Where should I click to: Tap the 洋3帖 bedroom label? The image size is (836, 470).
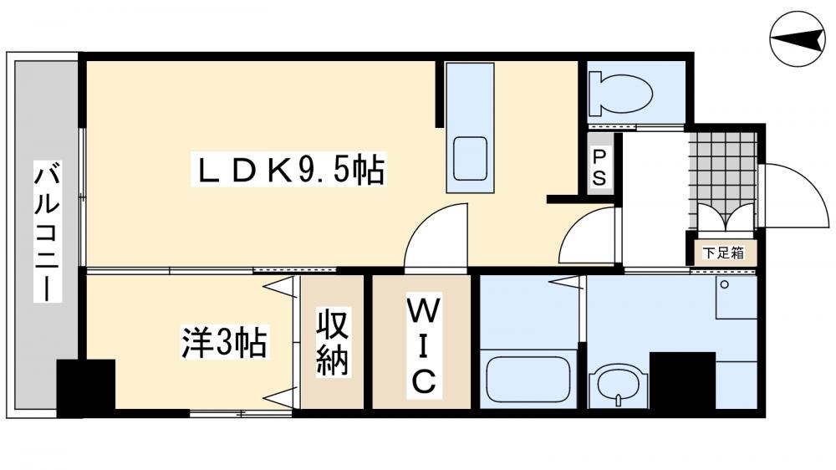224,343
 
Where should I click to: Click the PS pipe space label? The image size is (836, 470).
600,167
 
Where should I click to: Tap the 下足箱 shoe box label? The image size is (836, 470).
723,252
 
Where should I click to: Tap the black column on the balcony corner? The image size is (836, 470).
84,387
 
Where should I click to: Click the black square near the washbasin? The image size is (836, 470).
681,381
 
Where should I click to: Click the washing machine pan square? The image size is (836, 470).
736,298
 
